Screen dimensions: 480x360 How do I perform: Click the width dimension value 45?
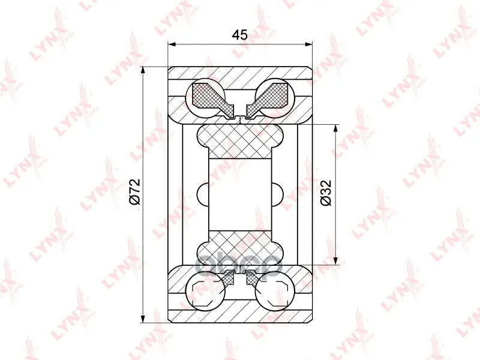click(x=239, y=35)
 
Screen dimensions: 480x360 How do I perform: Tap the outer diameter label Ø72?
click(x=134, y=191)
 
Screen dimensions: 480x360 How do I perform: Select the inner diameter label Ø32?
click(x=326, y=193)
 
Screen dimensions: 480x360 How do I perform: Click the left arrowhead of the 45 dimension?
click(x=172, y=44)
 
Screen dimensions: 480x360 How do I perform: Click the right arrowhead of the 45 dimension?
click(x=308, y=44)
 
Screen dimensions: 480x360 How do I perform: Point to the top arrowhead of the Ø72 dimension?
click(x=143, y=71)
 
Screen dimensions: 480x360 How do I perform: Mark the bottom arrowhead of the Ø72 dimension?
click(x=143, y=319)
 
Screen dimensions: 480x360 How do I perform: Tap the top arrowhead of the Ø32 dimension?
click(x=337, y=129)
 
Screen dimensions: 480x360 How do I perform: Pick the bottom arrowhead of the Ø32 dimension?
click(x=337, y=260)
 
